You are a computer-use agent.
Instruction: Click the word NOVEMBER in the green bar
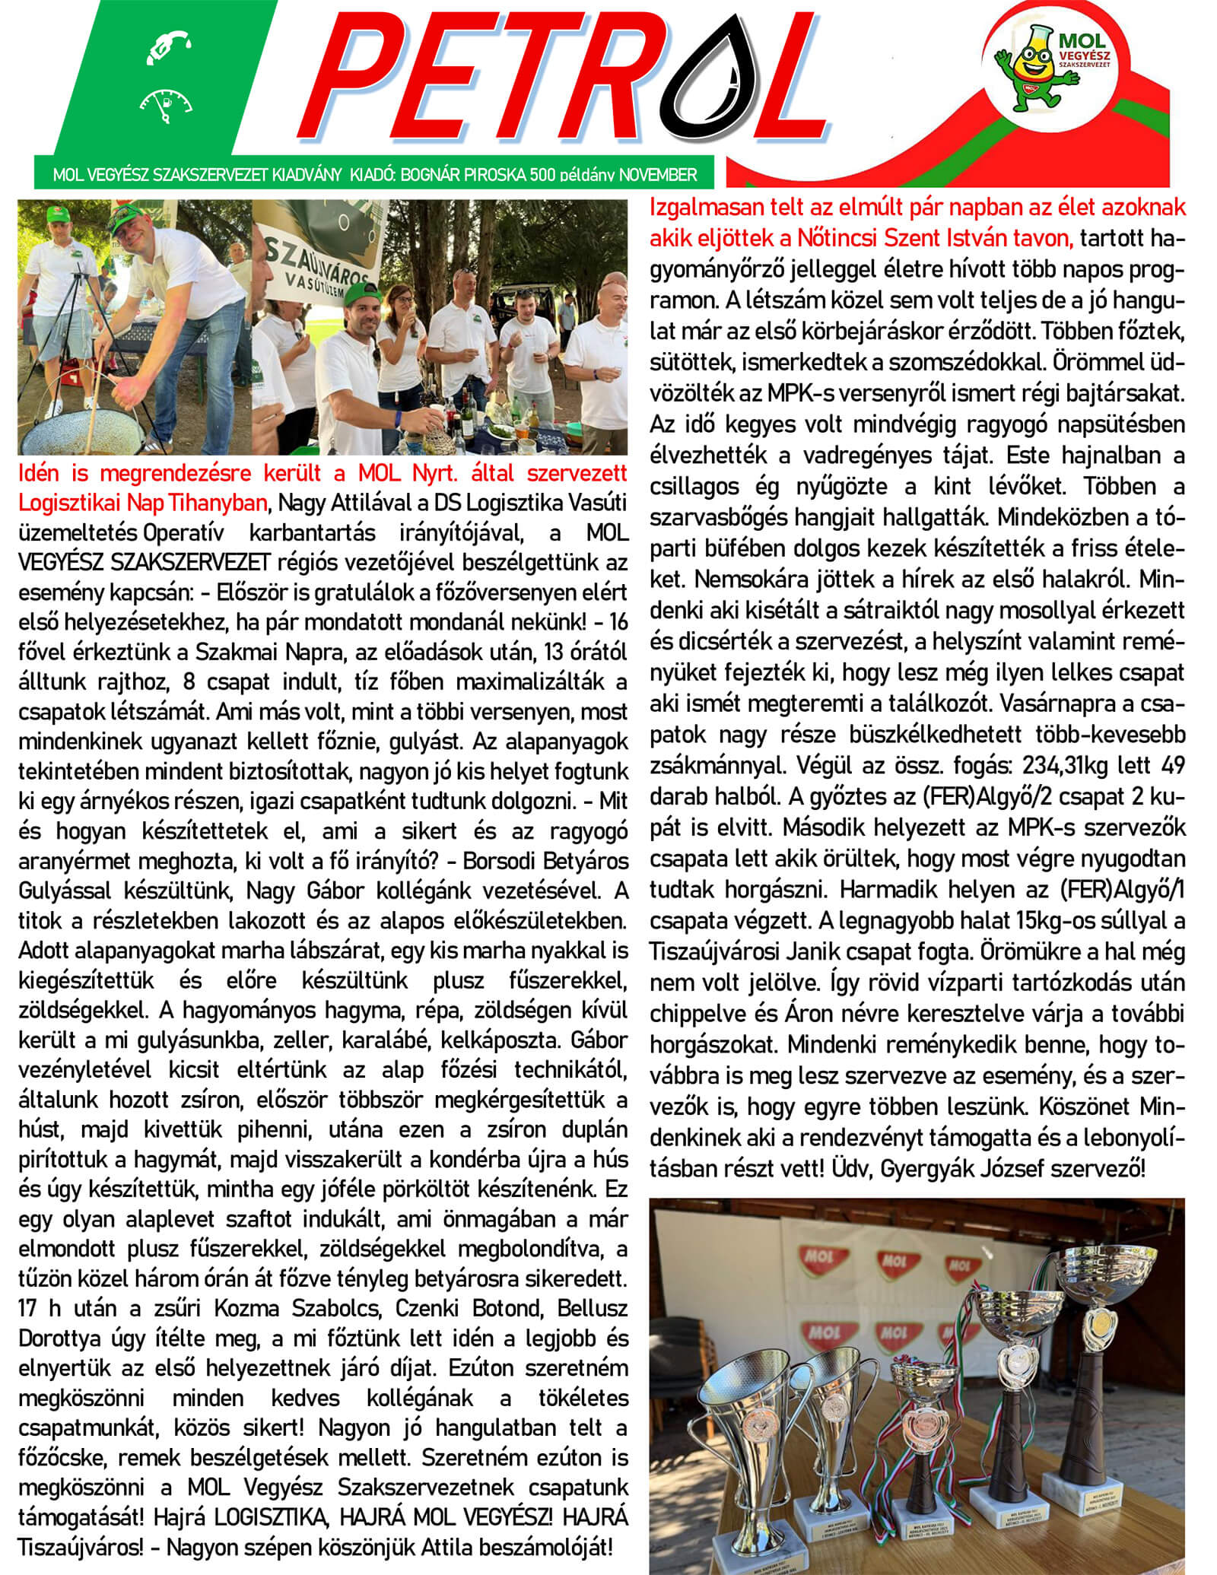click(x=658, y=174)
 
